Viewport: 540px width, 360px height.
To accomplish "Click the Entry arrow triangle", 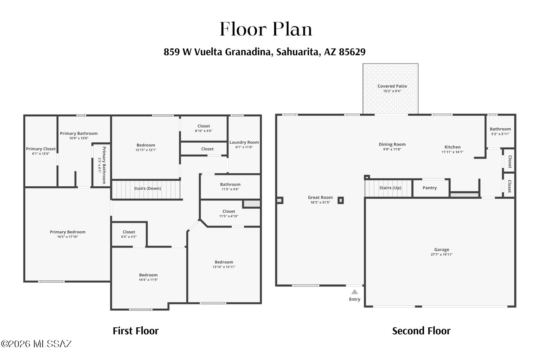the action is (x=354, y=292).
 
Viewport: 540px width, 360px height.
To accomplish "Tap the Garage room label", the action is (x=442, y=250).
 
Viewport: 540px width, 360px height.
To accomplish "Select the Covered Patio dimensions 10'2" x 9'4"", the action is (x=392, y=91).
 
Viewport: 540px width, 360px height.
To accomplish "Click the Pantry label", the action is (x=430, y=188).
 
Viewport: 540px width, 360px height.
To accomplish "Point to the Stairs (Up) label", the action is (x=390, y=188).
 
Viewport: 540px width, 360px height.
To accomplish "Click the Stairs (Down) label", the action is (x=148, y=188).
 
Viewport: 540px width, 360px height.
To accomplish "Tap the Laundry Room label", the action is (x=244, y=142).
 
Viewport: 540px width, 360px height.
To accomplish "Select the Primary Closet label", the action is (x=41, y=149).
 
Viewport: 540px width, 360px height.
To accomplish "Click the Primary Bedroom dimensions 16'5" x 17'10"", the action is (x=68, y=237).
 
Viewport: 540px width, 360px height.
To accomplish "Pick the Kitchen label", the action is (x=452, y=147).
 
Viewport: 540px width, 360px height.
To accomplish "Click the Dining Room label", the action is (x=392, y=144).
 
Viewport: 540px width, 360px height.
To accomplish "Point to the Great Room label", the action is (x=320, y=198).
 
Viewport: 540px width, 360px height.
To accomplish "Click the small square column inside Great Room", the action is (x=341, y=200).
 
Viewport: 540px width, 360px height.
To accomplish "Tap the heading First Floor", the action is (x=136, y=331).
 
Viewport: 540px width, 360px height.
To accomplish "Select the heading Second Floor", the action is (x=421, y=331).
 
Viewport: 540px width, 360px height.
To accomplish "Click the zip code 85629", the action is (x=352, y=52).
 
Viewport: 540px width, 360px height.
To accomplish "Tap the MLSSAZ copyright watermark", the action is (x=37, y=344).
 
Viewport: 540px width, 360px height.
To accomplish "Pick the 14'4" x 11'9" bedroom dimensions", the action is (x=148, y=280).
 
